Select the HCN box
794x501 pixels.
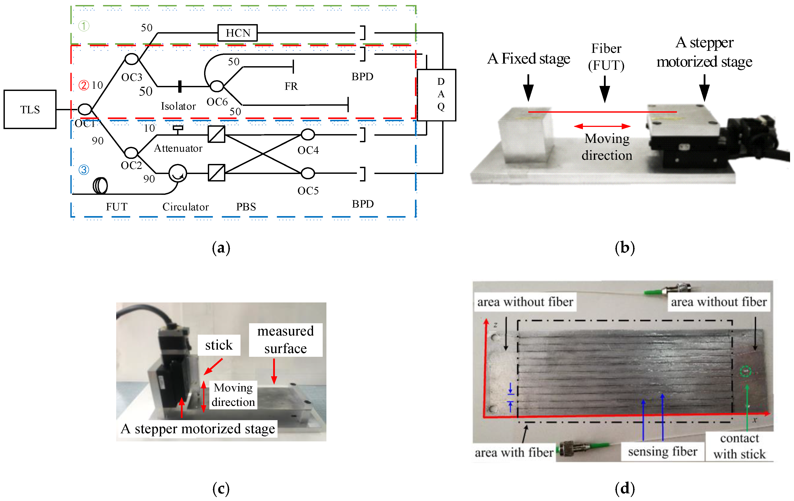[237, 33]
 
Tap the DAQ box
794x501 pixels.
[436, 95]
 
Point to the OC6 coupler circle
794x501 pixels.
[217, 86]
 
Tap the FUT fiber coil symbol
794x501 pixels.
[100, 186]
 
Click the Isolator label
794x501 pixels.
[178, 106]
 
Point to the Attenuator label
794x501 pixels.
[178, 148]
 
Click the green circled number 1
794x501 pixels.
[84, 26]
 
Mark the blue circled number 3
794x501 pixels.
[84, 170]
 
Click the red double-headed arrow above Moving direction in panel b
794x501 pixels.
[602, 126]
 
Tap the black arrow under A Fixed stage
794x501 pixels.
[528, 88]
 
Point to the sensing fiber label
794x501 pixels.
[662, 451]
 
